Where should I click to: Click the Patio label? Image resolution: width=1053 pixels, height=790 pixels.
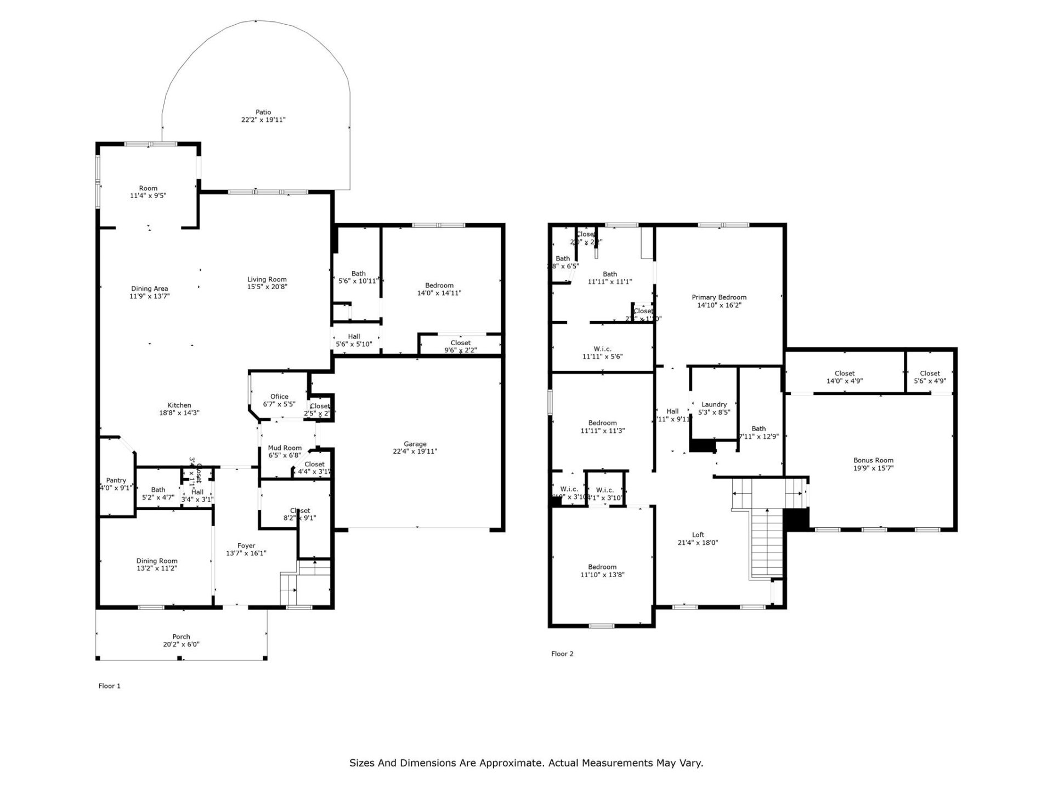click(263, 112)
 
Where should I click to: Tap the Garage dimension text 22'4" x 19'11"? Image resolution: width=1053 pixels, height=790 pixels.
click(415, 452)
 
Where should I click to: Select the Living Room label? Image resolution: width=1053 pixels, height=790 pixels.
click(267, 279)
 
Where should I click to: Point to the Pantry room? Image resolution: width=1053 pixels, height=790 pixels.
click(116, 481)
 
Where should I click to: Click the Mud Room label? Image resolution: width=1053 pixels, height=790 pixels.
click(285, 448)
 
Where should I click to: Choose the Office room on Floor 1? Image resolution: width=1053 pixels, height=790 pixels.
click(279, 397)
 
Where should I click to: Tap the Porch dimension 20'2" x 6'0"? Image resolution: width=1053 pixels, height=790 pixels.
click(181, 645)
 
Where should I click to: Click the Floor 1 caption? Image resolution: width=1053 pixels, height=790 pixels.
click(109, 686)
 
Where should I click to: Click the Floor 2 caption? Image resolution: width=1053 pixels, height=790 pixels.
click(562, 654)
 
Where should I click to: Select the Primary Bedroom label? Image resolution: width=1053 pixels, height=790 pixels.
click(718, 297)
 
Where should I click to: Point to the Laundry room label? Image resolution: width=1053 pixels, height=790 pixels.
click(714, 404)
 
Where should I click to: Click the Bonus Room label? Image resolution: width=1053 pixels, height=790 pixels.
click(873, 460)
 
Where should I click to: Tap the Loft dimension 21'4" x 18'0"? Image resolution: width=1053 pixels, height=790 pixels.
click(698, 543)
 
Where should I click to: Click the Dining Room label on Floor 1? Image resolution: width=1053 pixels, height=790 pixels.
click(157, 561)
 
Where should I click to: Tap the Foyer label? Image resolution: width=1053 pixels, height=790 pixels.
click(246, 545)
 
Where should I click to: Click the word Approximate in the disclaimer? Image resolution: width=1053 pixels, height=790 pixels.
click(511, 763)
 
